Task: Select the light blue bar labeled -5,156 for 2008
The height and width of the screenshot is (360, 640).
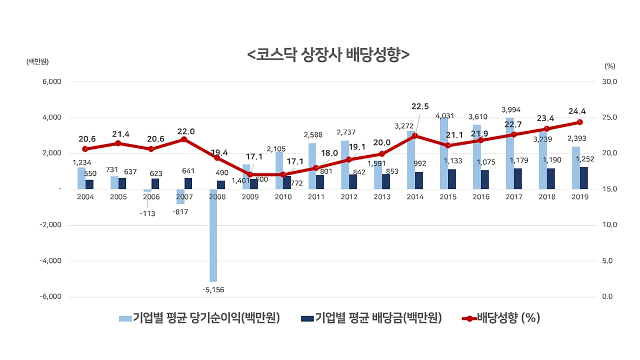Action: tap(213, 235)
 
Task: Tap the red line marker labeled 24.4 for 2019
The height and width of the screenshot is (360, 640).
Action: tap(579, 122)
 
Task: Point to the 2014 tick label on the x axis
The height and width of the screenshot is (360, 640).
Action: tap(415, 197)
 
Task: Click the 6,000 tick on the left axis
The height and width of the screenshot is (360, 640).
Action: tap(51, 82)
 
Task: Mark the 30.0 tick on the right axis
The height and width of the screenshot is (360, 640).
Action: tap(609, 82)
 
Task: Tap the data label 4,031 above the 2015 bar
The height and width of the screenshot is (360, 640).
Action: tap(445, 116)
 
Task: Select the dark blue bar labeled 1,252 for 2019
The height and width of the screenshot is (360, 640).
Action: tap(584, 178)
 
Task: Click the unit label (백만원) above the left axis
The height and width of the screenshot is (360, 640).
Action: tap(37, 61)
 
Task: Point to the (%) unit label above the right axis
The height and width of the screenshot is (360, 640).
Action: tap(610, 66)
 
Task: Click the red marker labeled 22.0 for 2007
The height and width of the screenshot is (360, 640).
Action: tap(184, 139)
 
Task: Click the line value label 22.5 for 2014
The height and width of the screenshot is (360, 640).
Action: tap(420, 106)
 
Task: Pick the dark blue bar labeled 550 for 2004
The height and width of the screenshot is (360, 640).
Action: tap(90, 184)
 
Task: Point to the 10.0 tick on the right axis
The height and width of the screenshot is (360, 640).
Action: tap(609, 225)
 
